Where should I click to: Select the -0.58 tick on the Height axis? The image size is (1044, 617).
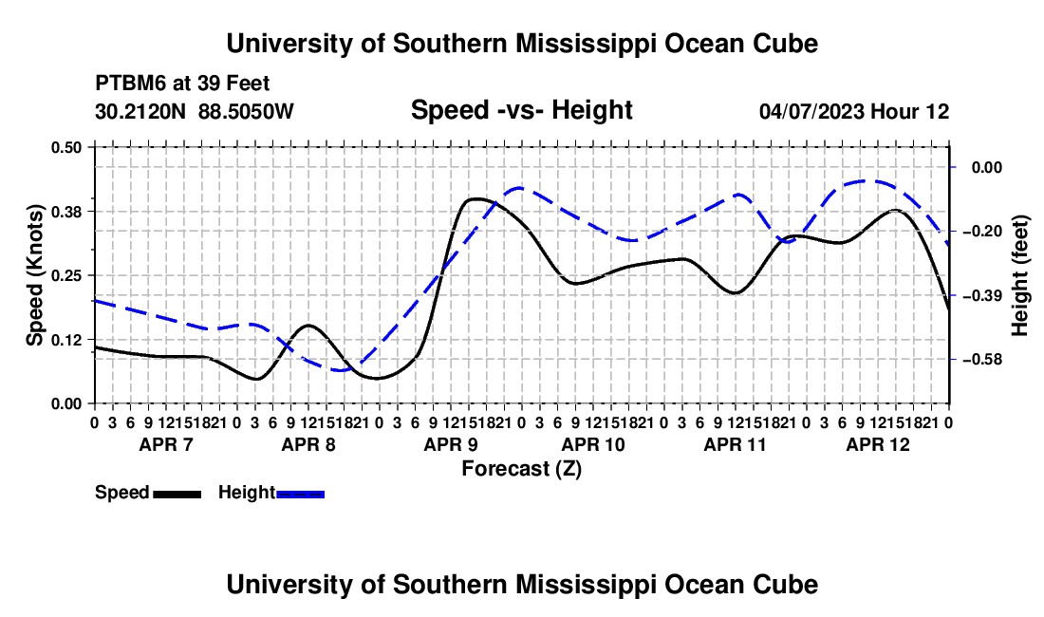tap(982, 360)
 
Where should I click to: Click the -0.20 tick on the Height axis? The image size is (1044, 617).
tap(982, 232)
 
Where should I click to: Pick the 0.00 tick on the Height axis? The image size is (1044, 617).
tap(987, 168)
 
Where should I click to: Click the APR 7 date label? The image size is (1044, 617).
tap(166, 444)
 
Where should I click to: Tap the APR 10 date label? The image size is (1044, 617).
tap(593, 444)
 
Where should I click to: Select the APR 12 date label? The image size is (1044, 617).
tap(878, 444)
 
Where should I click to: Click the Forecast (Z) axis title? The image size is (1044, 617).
tap(522, 469)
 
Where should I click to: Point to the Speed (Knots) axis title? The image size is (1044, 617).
tap(34, 275)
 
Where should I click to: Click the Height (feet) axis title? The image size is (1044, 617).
tap(1020, 275)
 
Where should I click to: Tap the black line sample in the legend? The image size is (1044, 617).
tap(177, 494)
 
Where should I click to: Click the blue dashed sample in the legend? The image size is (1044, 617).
tap(300, 494)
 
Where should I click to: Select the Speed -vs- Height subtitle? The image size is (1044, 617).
tap(522, 110)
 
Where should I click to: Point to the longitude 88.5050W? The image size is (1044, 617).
tap(246, 111)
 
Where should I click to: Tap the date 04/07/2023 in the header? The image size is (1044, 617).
tap(811, 111)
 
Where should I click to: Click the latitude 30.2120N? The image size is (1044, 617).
tap(140, 111)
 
